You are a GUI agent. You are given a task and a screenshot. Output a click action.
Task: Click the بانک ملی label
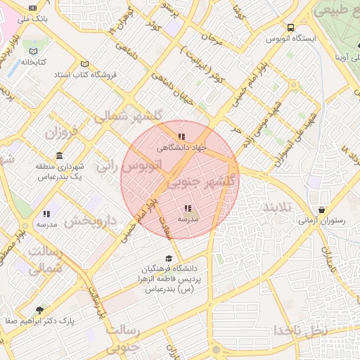[32, 19]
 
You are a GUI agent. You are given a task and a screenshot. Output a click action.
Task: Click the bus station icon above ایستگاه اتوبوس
[291, 27]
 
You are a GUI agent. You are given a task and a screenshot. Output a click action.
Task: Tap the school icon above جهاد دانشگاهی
[181, 136]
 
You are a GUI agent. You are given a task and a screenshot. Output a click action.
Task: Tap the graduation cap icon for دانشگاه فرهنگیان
[168, 258]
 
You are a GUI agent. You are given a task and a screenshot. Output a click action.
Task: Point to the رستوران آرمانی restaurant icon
[321, 210]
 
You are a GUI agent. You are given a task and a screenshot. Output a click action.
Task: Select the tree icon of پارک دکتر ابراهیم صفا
[39, 309]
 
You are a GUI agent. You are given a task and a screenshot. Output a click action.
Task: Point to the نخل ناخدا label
[301, 330]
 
